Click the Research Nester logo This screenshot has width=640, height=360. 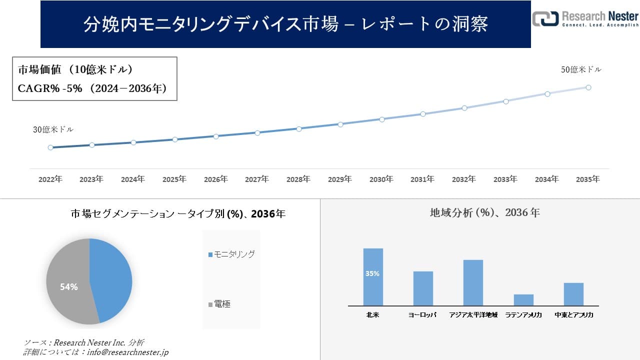click(x=585, y=18)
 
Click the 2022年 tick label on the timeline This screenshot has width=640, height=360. click(x=50, y=179)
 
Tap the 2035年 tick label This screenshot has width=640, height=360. click(x=588, y=179)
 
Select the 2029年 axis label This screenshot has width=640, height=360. click(x=340, y=179)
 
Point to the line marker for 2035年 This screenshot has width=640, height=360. click(x=588, y=87)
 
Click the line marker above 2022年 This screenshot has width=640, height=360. click(x=50, y=147)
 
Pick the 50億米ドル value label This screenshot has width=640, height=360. click(x=581, y=70)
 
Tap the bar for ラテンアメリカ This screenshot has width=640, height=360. click(x=523, y=299)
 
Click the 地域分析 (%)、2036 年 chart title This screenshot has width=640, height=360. click(x=484, y=212)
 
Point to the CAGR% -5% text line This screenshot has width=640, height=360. click(x=92, y=88)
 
